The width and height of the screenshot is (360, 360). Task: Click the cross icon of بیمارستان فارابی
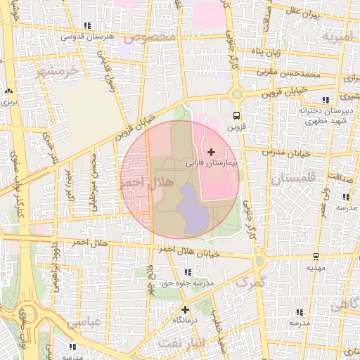click(x=211, y=152)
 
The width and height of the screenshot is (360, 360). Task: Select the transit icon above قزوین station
click(x=236, y=116)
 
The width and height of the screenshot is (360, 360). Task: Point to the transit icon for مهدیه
click(x=315, y=257)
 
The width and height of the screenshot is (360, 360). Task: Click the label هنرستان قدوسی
click(x=83, y=35)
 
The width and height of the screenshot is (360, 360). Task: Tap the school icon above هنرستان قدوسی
click(x=86, y=25)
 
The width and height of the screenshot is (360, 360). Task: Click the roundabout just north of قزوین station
click(x=236, y=94)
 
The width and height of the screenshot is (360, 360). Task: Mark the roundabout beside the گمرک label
click(x=259, y=261)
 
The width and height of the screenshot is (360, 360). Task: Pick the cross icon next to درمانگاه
click(x=185, y=309)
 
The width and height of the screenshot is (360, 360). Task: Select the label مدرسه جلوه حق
click(x=186, y=283)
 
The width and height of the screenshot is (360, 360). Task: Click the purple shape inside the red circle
click(x=191, y=210)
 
